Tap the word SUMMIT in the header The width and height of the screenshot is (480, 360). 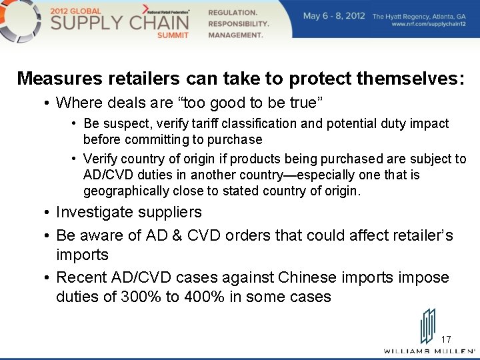pos(173,35)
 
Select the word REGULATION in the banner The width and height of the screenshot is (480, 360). pos(233,13)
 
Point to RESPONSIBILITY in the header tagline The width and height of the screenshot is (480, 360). pos(239,23)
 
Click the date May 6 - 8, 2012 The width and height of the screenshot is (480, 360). pos(334,16)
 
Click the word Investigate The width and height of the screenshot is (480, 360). pos(100,212)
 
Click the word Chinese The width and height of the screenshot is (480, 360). pos(314,277)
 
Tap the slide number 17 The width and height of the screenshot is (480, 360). pos(446,339)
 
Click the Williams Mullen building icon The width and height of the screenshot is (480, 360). pos(427,327)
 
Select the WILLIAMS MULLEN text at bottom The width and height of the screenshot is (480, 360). pos(429,351)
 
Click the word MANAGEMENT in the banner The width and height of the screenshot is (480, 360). pos(236,35)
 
